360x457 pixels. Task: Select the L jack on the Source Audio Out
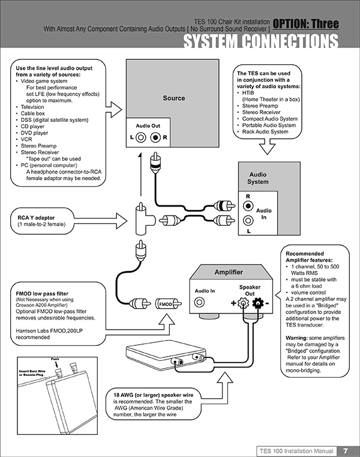click(141, 136)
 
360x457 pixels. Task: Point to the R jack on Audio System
click(248, 205)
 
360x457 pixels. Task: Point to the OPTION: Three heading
click(309, 25)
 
